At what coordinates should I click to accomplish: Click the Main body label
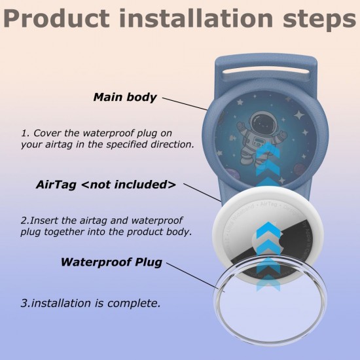(125, 98)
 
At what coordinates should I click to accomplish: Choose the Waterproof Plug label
(111, 262)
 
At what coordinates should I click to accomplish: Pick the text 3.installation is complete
(90, 304)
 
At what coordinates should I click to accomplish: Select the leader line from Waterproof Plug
(190, 274)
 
